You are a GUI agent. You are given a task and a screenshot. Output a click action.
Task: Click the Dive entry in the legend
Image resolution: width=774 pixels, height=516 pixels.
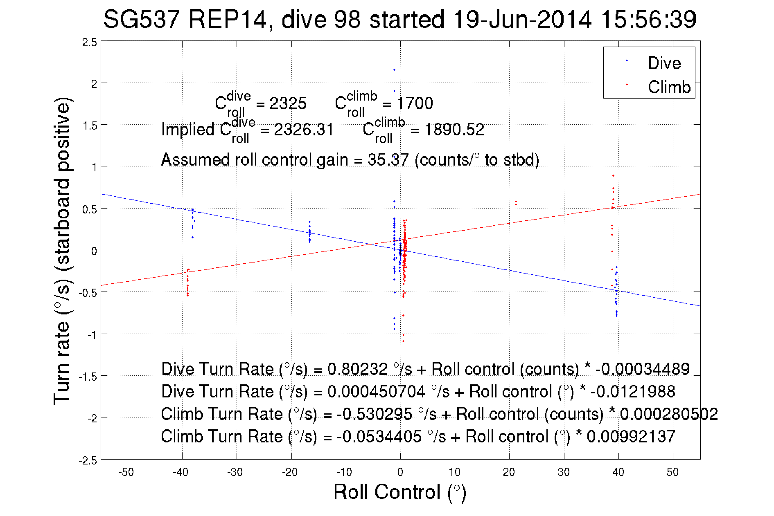[664, 63]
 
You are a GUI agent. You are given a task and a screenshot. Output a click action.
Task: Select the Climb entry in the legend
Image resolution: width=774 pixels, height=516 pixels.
[669, 87]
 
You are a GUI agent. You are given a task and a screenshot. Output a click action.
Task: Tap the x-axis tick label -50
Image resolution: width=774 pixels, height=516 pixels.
[126, 472]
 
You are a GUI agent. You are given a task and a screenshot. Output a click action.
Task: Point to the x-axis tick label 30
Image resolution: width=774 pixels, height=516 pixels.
[564, 472]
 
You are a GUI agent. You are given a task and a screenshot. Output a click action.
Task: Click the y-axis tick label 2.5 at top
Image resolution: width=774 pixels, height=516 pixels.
[90, 43]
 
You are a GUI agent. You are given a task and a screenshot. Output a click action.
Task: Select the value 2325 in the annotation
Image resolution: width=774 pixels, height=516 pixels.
[288, 103]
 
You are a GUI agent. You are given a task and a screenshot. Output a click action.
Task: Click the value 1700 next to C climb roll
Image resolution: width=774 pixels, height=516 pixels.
[415, 103]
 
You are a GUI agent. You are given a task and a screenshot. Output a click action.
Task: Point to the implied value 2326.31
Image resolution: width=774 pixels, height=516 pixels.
[304, 130]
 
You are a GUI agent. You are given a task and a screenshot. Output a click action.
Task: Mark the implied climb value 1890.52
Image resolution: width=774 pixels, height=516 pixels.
[454, 130]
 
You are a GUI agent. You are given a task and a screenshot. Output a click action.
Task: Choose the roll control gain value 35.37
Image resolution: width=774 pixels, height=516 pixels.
[388, 160]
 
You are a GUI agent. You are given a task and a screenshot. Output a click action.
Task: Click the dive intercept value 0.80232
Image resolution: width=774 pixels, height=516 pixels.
[357, 369]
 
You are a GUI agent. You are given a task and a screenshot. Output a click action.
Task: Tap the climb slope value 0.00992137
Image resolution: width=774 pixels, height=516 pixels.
[631, 437]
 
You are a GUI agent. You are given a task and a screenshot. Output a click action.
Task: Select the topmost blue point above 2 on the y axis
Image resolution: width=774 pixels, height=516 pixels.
[394, 70]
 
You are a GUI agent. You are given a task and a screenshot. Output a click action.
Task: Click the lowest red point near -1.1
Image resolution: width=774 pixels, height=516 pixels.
[403, 341]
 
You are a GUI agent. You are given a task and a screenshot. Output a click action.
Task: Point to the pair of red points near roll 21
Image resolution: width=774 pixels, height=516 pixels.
[516, 203]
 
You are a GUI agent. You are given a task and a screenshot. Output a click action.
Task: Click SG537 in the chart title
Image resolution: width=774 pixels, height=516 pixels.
[141, 19]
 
